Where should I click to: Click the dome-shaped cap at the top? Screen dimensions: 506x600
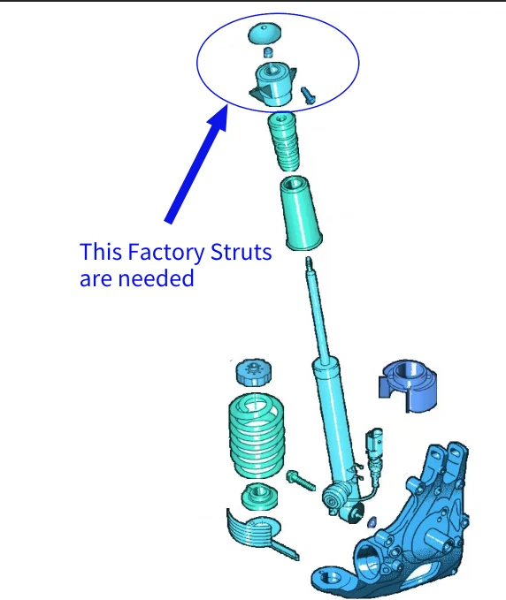264,34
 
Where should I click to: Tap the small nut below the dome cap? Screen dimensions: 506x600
269,52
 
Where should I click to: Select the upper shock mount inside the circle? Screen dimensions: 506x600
272,84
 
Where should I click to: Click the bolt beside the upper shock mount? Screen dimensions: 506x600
308,95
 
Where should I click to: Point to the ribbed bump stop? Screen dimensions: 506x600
283,141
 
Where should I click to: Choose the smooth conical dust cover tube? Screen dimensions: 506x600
301,214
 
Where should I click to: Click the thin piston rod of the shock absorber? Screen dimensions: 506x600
318,310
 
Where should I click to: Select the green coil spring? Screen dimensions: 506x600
257,437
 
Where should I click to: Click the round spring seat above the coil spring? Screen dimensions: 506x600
253,372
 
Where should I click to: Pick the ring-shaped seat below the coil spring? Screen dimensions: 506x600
260,496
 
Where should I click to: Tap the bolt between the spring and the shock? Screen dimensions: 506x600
301,481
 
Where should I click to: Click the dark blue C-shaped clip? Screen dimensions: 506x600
408,385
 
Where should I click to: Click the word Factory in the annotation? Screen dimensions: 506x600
166,253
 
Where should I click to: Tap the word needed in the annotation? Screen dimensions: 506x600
156,278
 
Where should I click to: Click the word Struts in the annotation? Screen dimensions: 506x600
241,252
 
